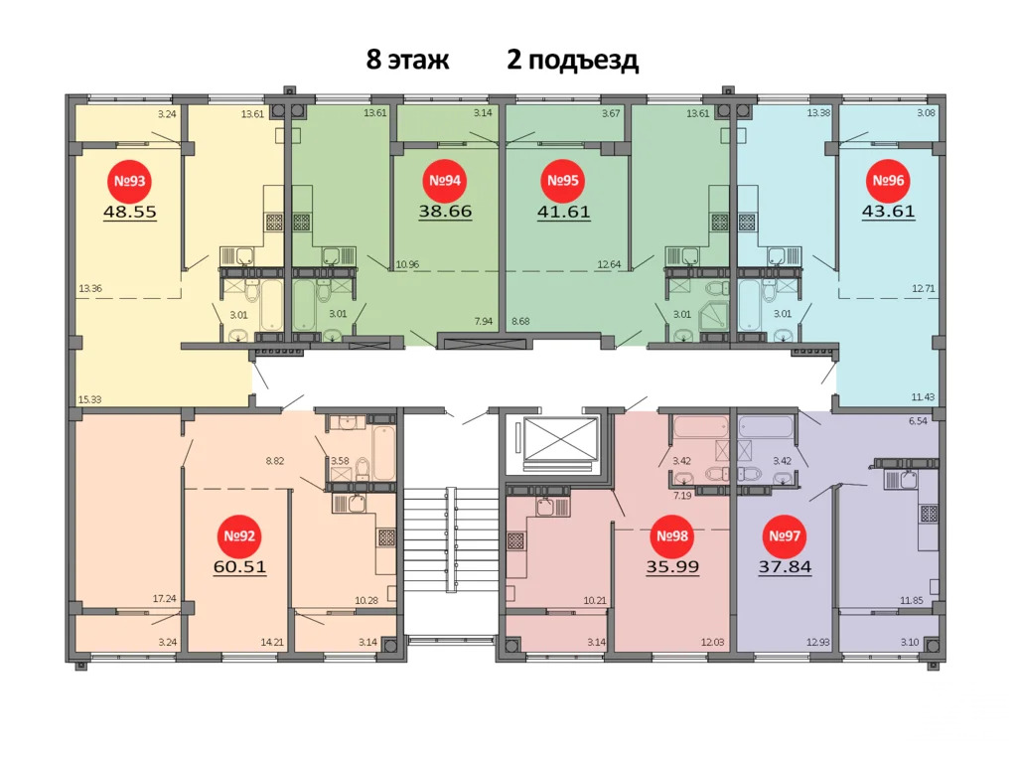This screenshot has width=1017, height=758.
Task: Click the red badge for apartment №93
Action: coord(129,182)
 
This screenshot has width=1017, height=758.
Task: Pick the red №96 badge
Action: coord(888,182)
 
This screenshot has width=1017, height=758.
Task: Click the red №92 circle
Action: coord(239,537)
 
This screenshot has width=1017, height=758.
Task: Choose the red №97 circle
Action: coord(783,537)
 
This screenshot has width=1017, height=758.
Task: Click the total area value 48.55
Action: coord(130,211)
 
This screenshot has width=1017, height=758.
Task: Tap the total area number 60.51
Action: coord(239,567)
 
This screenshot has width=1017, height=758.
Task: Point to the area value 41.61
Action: coord(564,211)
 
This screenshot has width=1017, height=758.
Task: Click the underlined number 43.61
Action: coord(888,211)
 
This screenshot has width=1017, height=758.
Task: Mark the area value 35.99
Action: coord(672,567)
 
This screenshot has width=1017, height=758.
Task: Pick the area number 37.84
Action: coord(784,567)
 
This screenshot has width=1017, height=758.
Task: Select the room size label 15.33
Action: coord(89,399)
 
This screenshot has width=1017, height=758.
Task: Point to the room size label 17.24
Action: coord(165,599)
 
